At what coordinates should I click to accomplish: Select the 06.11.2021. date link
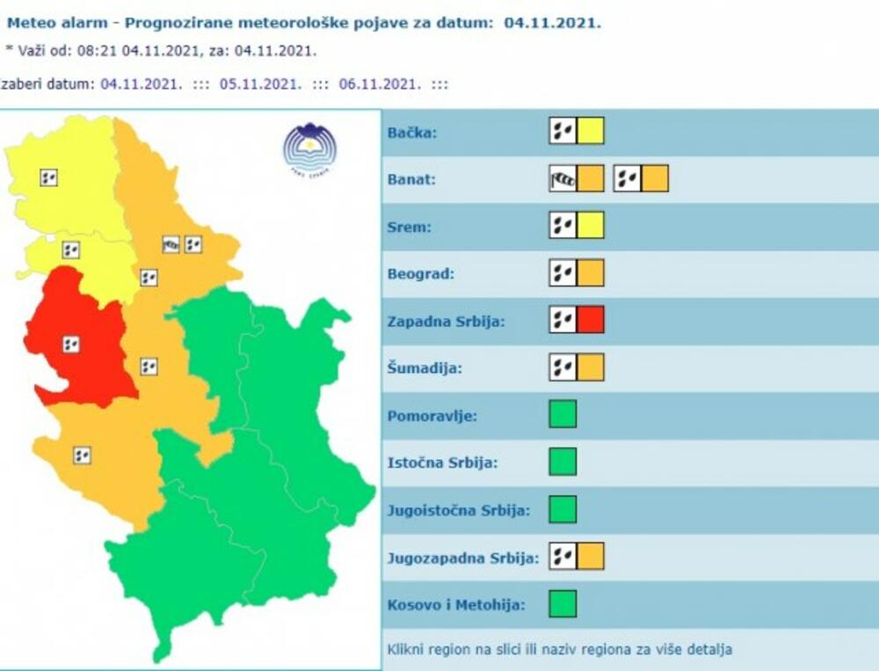pos(380,84)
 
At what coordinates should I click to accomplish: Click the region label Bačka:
pos(412,133)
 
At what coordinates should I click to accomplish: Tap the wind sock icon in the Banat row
pos(563,178)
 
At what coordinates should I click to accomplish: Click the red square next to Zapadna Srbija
pos(591,321)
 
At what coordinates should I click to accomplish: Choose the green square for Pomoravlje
pos(563,414)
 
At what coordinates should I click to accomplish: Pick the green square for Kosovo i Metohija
pos(563,603)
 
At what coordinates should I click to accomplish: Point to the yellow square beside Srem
pos(591,226)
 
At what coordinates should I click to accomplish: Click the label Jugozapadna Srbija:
pos(462,557)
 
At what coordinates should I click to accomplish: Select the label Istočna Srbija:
pos(442,462)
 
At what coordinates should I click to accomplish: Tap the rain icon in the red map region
pos(71,344)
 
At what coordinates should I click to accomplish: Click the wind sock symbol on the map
pos(171,244)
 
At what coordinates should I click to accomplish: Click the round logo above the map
pos(309,148)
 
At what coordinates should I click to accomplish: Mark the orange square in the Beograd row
pos(591,273)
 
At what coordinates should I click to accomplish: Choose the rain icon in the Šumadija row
pos(563,367)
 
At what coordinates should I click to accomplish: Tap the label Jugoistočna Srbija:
pos(458,509)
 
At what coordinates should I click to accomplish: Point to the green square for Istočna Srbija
pos(563,461)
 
